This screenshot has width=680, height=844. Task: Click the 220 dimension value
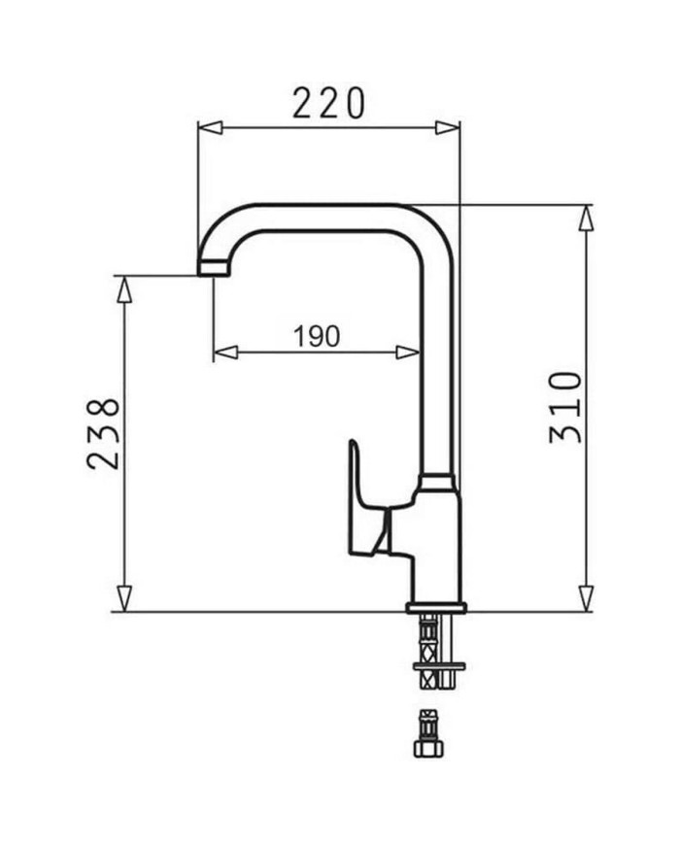328,103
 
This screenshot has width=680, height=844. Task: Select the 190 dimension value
317,336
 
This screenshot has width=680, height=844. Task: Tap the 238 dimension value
104,433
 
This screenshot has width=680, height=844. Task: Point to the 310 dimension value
566,407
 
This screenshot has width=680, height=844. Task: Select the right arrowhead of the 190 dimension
408,353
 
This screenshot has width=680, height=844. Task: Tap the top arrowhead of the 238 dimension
123,288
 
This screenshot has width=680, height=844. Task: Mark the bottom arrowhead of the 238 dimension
123,598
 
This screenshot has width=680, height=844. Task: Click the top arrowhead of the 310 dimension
586,218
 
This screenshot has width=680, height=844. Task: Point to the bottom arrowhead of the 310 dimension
586,598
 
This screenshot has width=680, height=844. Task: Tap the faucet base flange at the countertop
436,608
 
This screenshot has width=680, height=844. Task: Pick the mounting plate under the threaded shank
438,666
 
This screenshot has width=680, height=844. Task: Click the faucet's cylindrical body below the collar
436,544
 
